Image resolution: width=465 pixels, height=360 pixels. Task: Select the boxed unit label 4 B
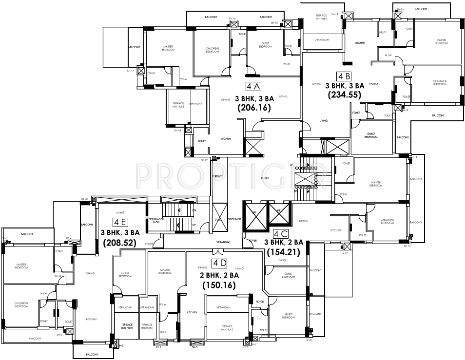(344, 76)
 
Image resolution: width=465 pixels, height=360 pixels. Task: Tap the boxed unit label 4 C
(280, 233)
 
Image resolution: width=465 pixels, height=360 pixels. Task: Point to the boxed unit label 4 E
(120, 222)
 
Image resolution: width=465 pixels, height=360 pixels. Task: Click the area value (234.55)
(344, 95)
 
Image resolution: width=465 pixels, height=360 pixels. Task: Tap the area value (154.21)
(283, 252)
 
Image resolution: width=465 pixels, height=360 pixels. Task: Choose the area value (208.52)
(119, 241)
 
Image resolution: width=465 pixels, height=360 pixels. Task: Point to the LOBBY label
(265, 178)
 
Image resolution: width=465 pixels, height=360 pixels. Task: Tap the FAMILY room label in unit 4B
(373, 84)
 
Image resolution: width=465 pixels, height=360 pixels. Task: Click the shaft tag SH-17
(131, 71)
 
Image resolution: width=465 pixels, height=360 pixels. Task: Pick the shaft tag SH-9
(345, 253)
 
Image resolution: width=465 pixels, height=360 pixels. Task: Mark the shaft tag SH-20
(84, 199)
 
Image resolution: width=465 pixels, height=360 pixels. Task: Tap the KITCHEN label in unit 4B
(360, 43)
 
